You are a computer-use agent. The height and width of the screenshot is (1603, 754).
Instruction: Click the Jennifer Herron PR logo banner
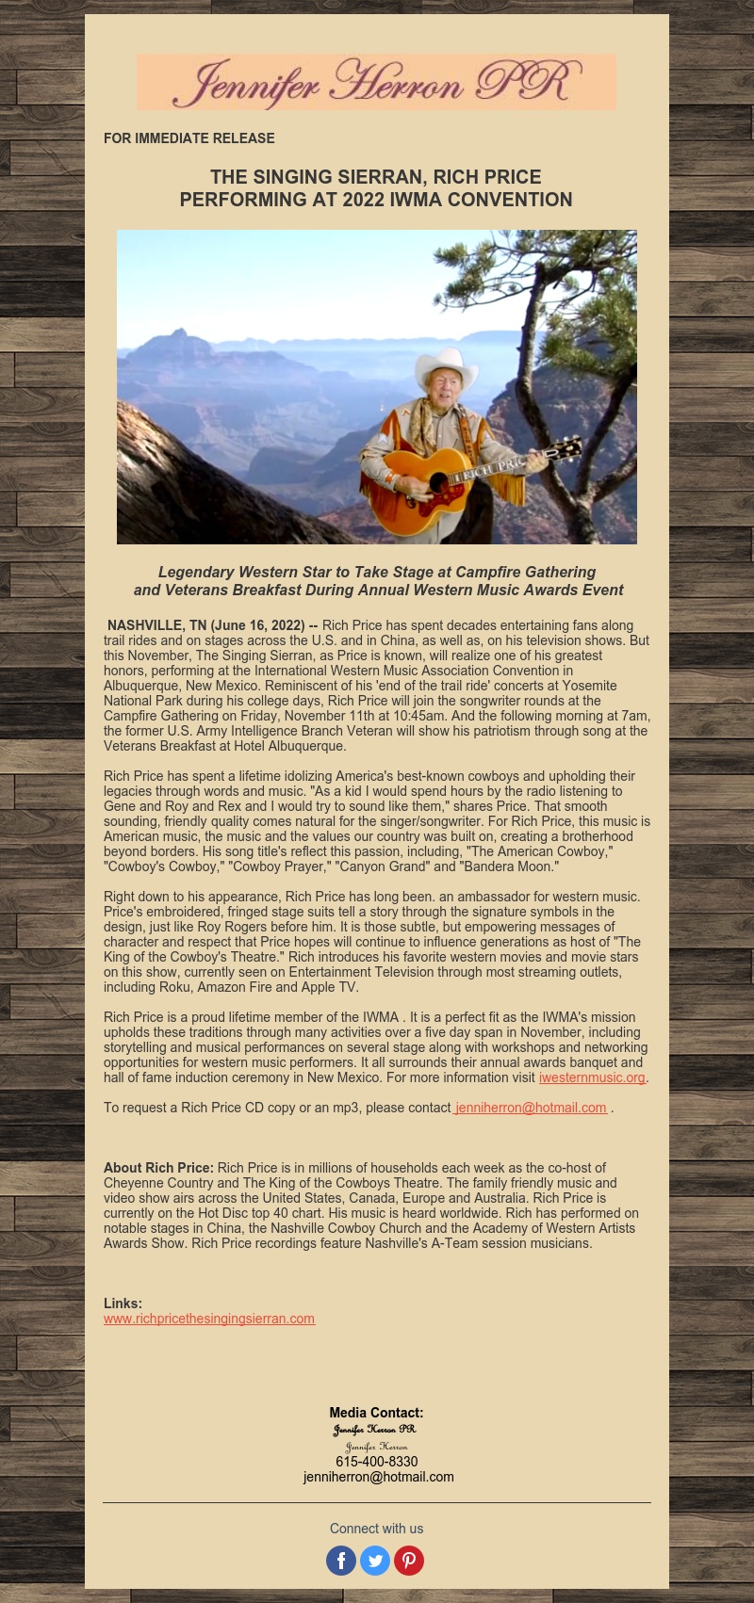tap(376, 82)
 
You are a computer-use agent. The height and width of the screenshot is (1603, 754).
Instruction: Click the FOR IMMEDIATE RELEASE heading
tap(189, 138)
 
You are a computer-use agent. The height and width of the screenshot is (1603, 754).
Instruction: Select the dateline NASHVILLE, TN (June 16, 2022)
tap(205, 625)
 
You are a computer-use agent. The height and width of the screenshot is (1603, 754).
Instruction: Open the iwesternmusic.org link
tap(592, 1077)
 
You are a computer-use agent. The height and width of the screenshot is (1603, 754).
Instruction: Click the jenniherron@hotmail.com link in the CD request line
tap(531, 1108)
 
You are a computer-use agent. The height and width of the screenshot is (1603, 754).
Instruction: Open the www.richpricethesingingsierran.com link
tap(209, 1319)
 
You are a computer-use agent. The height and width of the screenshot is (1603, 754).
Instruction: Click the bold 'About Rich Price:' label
tap(158, 1168)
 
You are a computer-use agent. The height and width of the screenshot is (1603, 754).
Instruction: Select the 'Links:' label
tap(123, 1303)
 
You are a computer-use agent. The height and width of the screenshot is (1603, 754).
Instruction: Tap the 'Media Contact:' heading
tap(376, 1413)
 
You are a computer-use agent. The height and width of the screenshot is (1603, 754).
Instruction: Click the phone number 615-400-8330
tap(376, 1462)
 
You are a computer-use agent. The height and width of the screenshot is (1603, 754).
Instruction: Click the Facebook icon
tap(341, 1561)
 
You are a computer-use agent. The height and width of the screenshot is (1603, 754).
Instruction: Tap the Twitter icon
tap(375, 1561)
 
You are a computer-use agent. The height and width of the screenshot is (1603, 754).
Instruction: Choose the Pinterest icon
tap(409, 1561)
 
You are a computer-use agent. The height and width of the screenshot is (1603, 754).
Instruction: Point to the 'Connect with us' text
tap(376, 1529)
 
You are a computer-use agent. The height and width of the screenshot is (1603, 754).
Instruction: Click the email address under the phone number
tap(378, 1477)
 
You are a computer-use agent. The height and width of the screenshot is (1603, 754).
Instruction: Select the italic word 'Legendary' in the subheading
tap(195, 572)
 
